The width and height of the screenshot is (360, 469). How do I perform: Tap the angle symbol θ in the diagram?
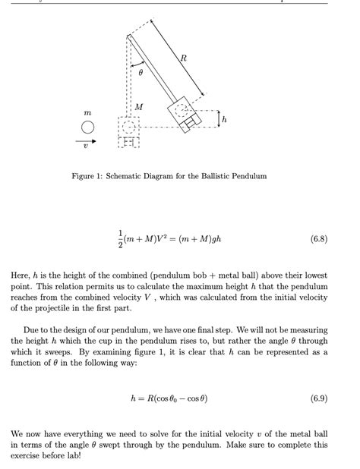click(141, 72)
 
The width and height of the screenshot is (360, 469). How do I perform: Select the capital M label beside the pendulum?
click(138, 107)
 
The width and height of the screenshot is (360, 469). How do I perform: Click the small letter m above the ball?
click(87, 114)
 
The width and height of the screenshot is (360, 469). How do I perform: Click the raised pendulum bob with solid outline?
click(185, 113)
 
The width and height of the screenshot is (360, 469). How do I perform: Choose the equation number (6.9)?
click(320, 398)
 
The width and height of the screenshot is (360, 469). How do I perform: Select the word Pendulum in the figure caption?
click(249, 176)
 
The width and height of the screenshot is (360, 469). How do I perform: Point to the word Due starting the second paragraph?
click(32, 330)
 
